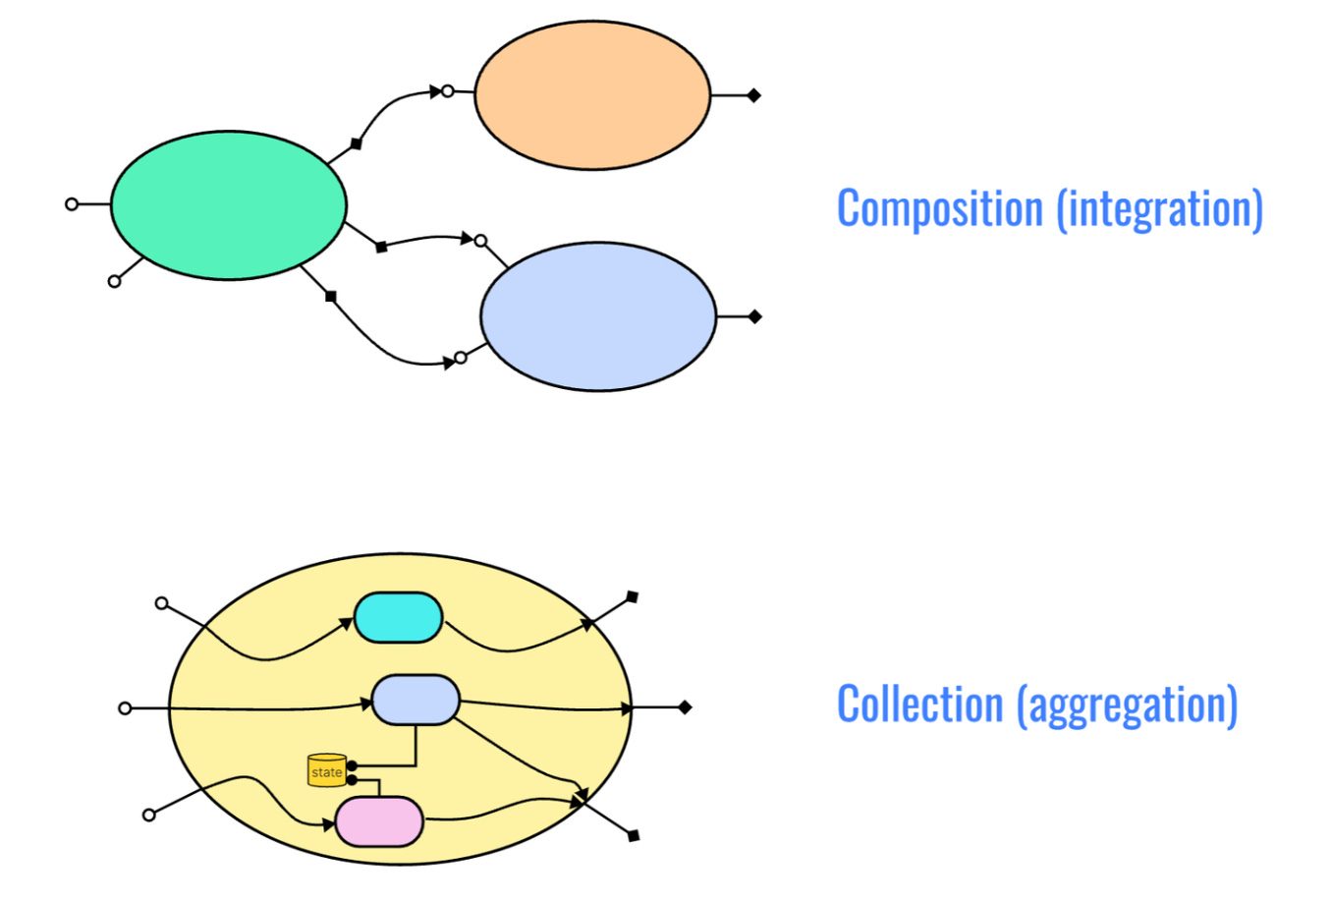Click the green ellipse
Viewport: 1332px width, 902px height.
click(228, 205)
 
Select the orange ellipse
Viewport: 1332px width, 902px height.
click(592, 94)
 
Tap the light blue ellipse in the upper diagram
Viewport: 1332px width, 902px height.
click(598, 316)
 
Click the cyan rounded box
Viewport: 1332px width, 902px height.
click(398, 618)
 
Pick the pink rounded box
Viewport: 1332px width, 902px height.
click(379, 821)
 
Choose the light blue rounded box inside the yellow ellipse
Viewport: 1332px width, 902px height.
click(416, 700)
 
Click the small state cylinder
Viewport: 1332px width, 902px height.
click(327, 771)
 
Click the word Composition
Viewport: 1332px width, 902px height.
click(939, 209)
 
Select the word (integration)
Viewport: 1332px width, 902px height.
click(1160, 209)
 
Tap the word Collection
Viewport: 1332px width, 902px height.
click(920, 705)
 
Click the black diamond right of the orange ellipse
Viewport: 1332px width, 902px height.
click(753, 95)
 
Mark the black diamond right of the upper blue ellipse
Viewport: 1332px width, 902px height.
click(754, 316)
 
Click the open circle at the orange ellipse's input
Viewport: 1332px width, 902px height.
click(448, 91)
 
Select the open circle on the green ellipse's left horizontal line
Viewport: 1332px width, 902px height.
click(72, 204)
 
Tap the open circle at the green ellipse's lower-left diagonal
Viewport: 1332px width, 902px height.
click(114, 282)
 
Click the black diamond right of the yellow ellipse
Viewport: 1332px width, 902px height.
click(685, 707)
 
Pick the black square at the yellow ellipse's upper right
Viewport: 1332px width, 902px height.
click(633, 596)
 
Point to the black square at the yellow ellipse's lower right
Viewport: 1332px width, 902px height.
click(634, 836)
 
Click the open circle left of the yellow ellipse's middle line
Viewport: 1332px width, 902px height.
click(125, 708)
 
